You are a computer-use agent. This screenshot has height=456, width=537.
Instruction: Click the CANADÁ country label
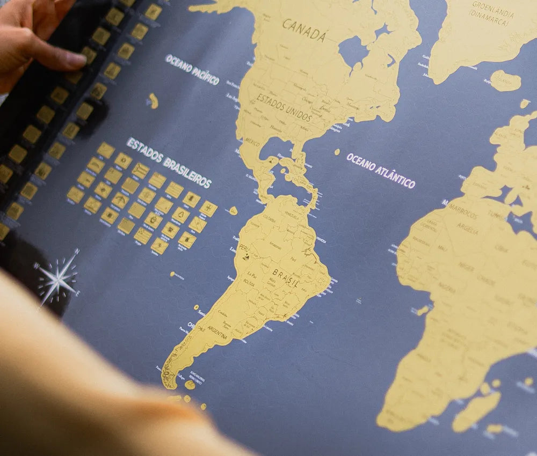click(x=304, y=30)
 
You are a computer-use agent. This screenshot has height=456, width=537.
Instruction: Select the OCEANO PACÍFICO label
click(x=192, y=69)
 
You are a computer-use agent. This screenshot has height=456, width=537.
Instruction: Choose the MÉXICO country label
click(x=252, y=142)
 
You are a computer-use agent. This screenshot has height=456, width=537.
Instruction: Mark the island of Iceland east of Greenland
click(x=505, y=80)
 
